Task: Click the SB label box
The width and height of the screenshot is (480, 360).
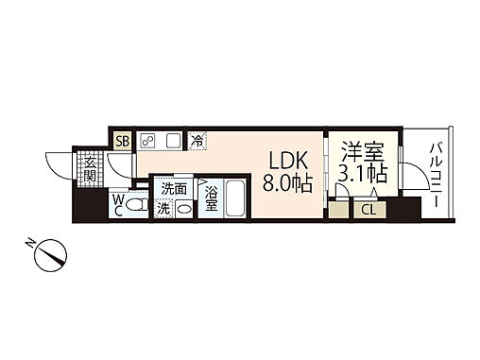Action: (x=122, y=141)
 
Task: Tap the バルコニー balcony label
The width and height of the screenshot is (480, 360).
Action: (x=437, y=176)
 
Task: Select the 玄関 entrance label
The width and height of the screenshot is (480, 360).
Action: (x=88, y=171)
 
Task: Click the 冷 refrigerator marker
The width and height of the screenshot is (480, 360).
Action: (x=197, y=141)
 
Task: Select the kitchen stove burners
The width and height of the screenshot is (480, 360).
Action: (x=147, y=141)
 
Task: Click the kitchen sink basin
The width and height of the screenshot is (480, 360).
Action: (x=172, y=141)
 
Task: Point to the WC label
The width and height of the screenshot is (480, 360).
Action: (x=116, y=205)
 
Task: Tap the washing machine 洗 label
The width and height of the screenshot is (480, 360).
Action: (x=163, y=207)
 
